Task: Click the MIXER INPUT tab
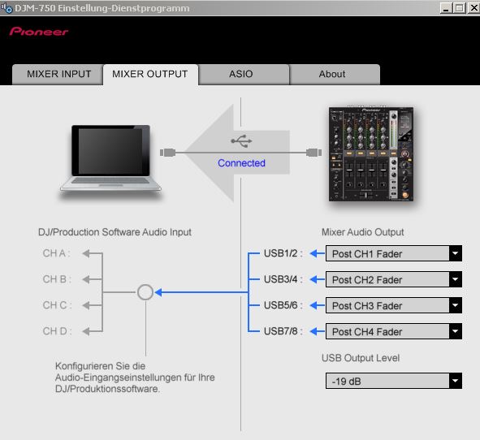tap(58, 75)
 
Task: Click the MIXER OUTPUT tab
tap(150, 75)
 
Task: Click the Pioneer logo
tap(39, 32)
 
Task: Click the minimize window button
tap(446, 8)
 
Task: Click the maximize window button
tap(460, 8)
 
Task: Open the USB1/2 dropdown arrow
tap(456, 253)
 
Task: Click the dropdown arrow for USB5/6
tap(456, 305)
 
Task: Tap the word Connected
tap(241, 163)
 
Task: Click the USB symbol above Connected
tap(241, 141)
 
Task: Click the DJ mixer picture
tap(371, 154)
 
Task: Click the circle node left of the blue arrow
tap(145, 285)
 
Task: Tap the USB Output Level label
tap(361, 358)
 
